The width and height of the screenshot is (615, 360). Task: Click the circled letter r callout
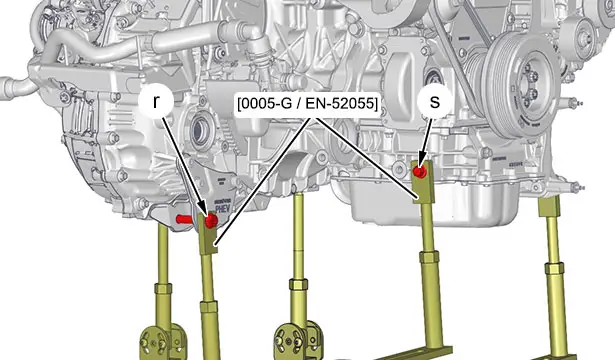point(156,102)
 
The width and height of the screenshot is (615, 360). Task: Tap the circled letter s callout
point(435,102)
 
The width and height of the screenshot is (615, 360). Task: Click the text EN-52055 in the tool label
point(339,104)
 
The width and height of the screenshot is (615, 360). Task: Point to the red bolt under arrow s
point(420,171)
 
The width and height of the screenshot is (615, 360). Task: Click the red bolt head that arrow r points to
point(211,220)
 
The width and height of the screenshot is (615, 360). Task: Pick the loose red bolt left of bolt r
point(183,219)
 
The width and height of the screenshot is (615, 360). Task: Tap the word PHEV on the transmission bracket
point(222,207)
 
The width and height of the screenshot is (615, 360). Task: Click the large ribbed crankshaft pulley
point(518,83)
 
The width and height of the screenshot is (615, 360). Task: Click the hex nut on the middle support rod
point(298,284)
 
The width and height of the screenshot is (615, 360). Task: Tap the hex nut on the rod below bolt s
point(429,258)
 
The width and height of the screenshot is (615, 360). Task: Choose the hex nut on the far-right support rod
point(554,268)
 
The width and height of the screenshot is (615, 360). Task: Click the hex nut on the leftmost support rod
point(163,289)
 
